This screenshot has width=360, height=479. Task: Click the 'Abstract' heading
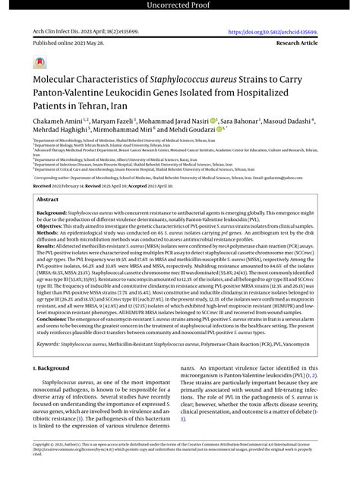[47, 199]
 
